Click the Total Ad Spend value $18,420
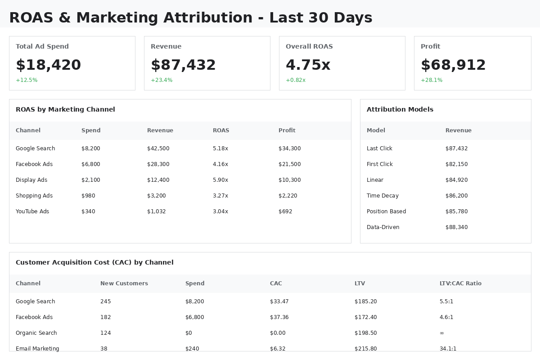click(x=48, y=65)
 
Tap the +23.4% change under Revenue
click(x=162, y=80)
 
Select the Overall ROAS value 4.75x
click(x=308, y=65)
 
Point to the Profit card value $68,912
click(x=453, y=65)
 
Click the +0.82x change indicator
click(x=296, y=80)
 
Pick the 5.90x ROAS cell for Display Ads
click(x=220, y=180)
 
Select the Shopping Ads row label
click(x=34, y=196)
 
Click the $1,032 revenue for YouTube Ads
click(x=156, y=211)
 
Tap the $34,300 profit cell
click(x=289, y=148)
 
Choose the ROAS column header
click(x=221, y=130)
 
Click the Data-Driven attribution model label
click(x=383, y=227)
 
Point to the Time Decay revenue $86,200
click(x=456, y=196)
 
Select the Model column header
click(x=376, y=130)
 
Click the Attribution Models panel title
click(x=400, y=109)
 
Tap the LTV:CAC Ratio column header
click(x=460, y=283)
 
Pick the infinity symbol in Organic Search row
click(x=442, y=333)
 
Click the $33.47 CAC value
click(x=279, y=301)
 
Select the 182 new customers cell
click(x=105, y=317)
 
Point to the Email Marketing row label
click(x=37, y=348)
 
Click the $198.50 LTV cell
click(x=365, y=333)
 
